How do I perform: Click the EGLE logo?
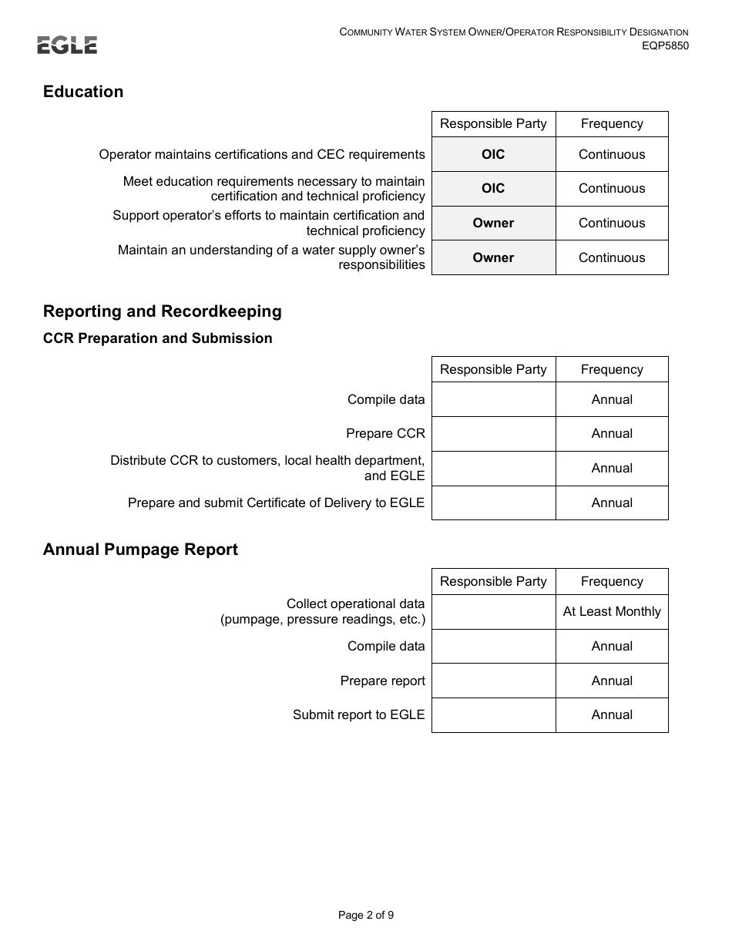pyautogui.click(x=67, y=45)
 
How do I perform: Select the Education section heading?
pyautogui.click(x=83, y=92)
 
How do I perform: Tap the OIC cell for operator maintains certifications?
pyautogui.click(x=493, y=154)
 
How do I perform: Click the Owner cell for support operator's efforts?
pyautogui.click(x=493, y=223)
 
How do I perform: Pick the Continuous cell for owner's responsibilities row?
pyautogui.click(x=612, y=257)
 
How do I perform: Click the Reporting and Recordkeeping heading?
pyautogui.click(x=163, y=311)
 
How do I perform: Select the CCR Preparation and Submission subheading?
pyautogui.click(x=158, y=338)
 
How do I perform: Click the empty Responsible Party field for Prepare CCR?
pyautogui.click(x=493, y=434)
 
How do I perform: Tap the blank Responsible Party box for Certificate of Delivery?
pyautogui.click(x=493, y=503)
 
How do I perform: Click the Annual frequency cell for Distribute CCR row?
pyautogui.click(x=612, y=468)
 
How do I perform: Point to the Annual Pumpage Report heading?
pyautogui.click(x=140, y=550)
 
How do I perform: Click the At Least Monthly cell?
pyautogui.click(x=612, y=612)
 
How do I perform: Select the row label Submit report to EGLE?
pyautogui.click(x=358, y=715)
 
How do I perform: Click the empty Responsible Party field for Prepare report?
pyautogui.click(x=493, y=681)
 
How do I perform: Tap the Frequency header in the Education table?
pyautogui.click(x=612, y=124)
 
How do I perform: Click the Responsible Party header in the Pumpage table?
pyautogui.click(x=493, y=582)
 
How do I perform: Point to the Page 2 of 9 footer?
pyautogui.click(x=366, y=916)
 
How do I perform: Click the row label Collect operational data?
pyautogui.click(x=355, y=604)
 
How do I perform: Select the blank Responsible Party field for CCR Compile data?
pyautogui.click(x=493, y=399)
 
